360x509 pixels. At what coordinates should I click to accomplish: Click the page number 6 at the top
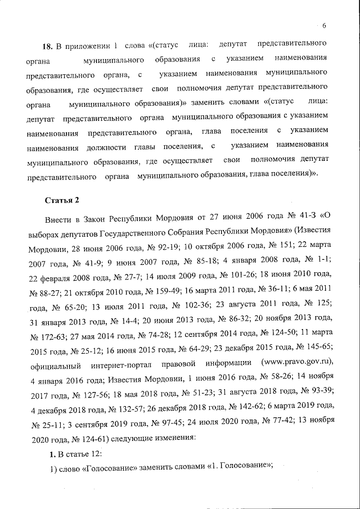click(325, 25)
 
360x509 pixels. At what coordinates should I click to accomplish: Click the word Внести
click(58, 215)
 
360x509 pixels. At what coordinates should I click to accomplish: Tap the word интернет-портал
click(132, 362)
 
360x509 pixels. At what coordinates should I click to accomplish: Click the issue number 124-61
click(78, 435)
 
